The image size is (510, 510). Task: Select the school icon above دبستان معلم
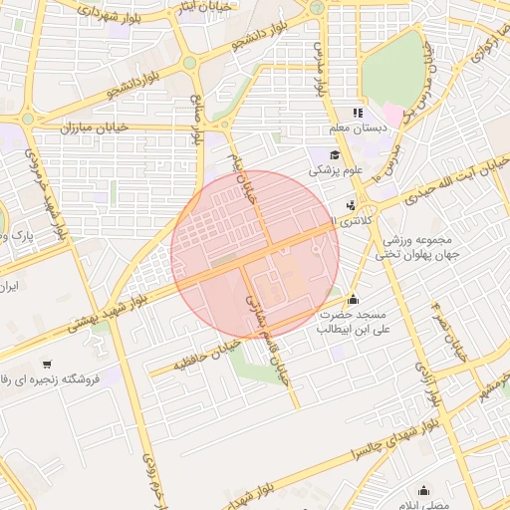click(x=358, y=114)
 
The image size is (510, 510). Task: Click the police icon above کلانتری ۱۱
click(x=349, y=206)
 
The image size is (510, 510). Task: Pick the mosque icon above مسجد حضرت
click(x=352, y=298)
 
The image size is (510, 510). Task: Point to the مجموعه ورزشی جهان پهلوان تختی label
click(x=414, y=247)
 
